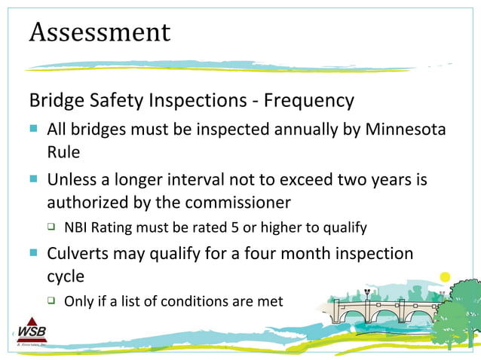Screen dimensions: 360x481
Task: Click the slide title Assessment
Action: pyautogui.click(x=100, y=32)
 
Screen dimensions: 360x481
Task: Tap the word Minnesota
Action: pyautogui.click(x=406, y=129)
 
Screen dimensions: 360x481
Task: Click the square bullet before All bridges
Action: pyautogui.click(x=33, y=130)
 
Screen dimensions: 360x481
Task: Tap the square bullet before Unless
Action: pyautogui.click(x=33, y=181)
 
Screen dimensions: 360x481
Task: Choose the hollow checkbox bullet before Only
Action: pyautogui.click(x=51, y=301)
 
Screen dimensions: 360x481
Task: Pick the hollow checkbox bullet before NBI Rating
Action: pyautogui.click(x=51, y=227)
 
